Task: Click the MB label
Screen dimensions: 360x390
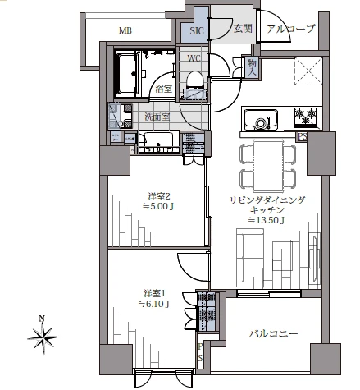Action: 125,30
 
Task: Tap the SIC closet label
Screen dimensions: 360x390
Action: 197,30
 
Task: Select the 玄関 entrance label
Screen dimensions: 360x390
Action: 243,29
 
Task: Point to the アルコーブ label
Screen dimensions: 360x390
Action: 291,29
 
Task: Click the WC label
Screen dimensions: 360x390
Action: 194,58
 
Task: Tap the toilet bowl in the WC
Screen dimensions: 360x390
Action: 195,80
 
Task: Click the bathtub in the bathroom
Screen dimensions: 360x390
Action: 126,74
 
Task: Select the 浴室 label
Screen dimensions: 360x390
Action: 163,89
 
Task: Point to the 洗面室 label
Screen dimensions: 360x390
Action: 157,117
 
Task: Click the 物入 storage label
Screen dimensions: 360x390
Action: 252,67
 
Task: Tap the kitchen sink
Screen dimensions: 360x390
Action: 261,120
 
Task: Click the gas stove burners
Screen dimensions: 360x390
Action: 305,117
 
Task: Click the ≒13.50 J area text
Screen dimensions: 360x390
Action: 266,220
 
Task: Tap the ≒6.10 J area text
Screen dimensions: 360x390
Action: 154,304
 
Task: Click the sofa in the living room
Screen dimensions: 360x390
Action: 250,258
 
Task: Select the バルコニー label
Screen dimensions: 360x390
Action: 273,333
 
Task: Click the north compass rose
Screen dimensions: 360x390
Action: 43,336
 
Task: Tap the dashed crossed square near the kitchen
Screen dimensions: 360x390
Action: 308,71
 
